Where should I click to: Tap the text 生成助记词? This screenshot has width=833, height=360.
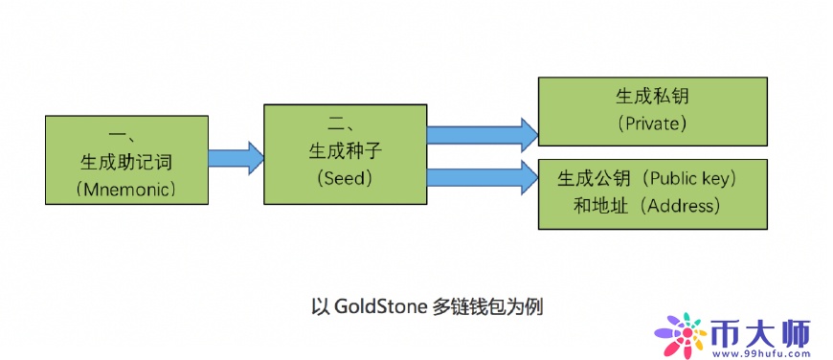coord(125,160)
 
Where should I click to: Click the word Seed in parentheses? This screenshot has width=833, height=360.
coord(344,178)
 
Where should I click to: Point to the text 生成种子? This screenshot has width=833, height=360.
coord(343,151)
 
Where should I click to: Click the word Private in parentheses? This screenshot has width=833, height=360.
coord(653,124)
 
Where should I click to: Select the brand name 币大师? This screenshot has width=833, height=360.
coord(762,331)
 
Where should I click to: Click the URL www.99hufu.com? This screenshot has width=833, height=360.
coord(762,353)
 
